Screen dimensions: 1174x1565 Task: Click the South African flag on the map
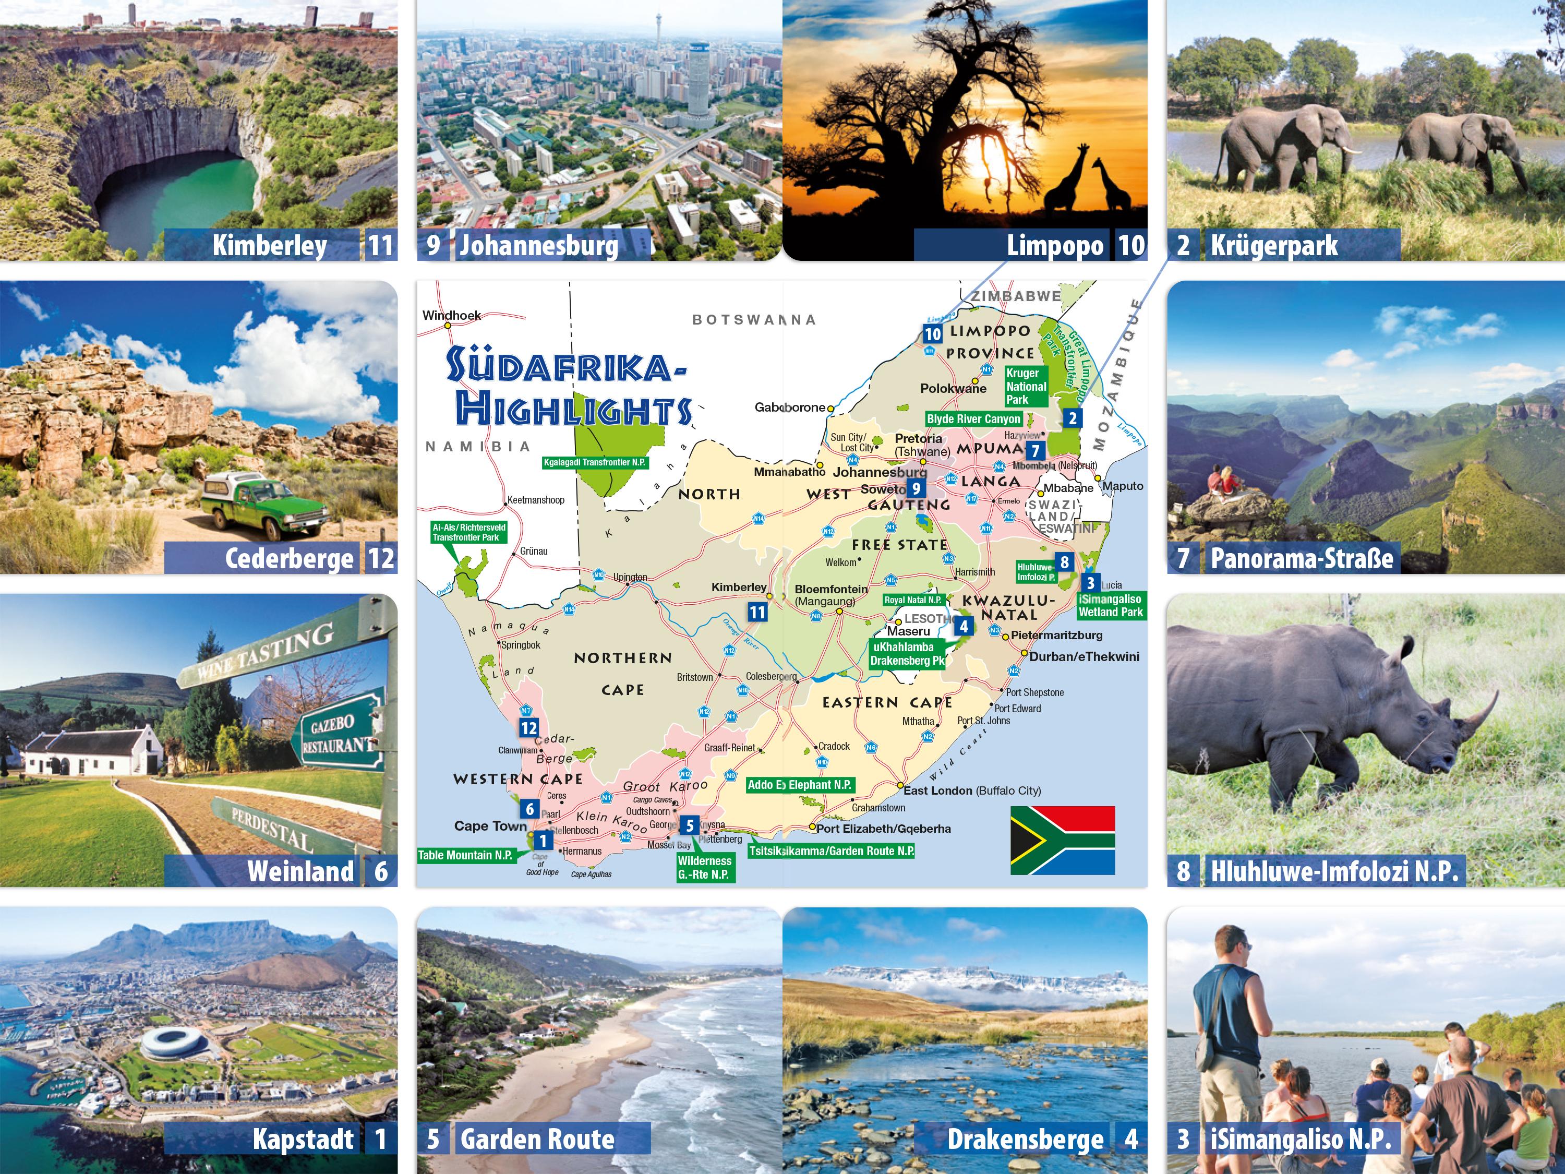[1062, 840]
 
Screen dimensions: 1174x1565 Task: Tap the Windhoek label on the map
[451, 315]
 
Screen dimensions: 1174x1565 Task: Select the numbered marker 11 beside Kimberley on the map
[757, 612]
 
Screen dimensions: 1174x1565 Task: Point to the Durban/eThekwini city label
[1084, 657]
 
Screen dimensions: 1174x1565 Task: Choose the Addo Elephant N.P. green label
[800, 785]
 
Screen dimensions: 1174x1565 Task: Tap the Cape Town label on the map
[490, 826]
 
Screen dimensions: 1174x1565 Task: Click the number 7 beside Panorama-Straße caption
[1183, 558]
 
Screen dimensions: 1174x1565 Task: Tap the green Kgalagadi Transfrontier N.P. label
[594, 463]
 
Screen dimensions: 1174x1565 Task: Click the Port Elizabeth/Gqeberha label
[883, 829]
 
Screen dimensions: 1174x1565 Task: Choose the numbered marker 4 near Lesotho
[963, 626]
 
